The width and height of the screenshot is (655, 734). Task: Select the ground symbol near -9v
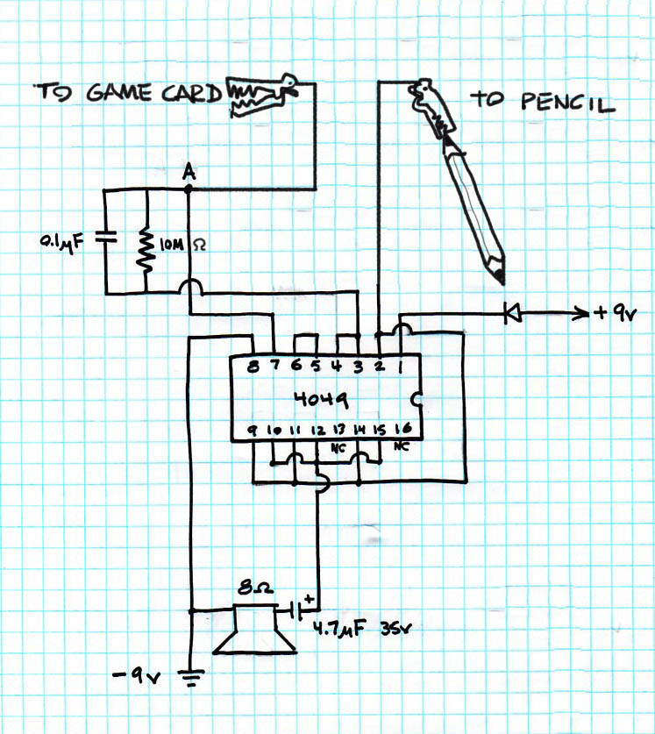pos(191,676)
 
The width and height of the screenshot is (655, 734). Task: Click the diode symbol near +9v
pos(512,310)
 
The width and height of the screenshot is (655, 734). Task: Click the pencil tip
pos(501,276)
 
